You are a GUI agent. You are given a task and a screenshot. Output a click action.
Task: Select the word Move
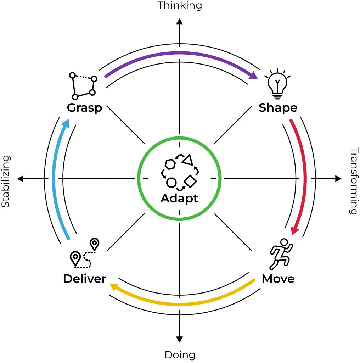click(x=278, y=279)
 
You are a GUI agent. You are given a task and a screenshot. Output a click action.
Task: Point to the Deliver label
click(x=85, y=279)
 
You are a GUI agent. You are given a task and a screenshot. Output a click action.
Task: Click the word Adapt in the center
click(x=179, y=198)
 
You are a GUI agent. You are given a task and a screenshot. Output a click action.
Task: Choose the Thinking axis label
click(x=180, y=5)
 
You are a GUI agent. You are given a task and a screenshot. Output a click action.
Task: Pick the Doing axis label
click(x=180, y=354)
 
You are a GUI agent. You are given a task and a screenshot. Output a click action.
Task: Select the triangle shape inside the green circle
click(x=188, y=160)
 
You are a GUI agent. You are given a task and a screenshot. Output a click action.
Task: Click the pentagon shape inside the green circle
click(x=170, y=164)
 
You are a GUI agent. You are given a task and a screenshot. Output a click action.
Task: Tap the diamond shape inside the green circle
click(x=191, y=181)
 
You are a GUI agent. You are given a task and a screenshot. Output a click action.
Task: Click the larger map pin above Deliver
click(x=75, y=258)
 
